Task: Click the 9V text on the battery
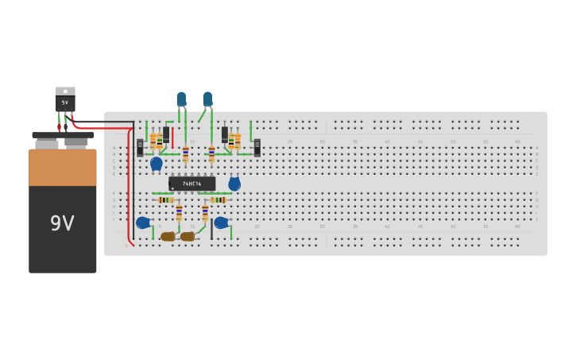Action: pos(62,223)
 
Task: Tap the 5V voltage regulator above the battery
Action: pos(65,100)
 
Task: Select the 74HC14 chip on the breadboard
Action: pos(191,184)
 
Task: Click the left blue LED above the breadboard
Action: pos(181,99)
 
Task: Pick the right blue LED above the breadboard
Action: pos(207,99)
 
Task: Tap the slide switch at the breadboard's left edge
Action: pos(140,147)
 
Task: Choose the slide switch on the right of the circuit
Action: pos(257,147)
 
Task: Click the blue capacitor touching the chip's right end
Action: pos(234,184)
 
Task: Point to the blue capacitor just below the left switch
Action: pos(157,164)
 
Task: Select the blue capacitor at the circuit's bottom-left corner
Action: pos(143,223)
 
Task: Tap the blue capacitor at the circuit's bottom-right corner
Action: pos(221,223)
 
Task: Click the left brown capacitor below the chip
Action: pos(168,236)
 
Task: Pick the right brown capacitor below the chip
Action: pos(187,236)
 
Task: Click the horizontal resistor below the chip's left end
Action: pos(165,200)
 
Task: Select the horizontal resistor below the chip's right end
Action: pos(218,200)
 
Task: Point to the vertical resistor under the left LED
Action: pos(185,153)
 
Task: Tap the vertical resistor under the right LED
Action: pos(211,153)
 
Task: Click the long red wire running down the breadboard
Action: pos(129,191)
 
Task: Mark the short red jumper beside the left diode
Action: pos(172,136)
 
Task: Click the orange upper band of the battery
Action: pos(62,167)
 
